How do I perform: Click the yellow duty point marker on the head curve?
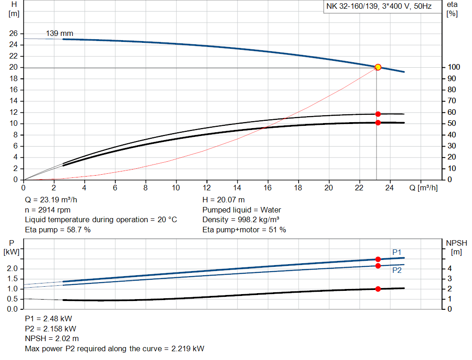378,67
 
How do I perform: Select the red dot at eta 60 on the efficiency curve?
378,114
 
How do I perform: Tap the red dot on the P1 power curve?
378,260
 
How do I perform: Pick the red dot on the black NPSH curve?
378,289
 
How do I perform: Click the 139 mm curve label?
59,33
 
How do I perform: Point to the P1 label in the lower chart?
397,252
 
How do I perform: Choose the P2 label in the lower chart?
397,271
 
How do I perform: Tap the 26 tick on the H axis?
13,34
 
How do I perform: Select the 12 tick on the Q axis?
206,188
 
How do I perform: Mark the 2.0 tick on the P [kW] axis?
13,269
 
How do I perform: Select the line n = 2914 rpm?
47,210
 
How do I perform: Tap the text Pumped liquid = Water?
242,210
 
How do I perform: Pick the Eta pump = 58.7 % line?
58,230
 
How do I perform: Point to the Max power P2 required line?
114,348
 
